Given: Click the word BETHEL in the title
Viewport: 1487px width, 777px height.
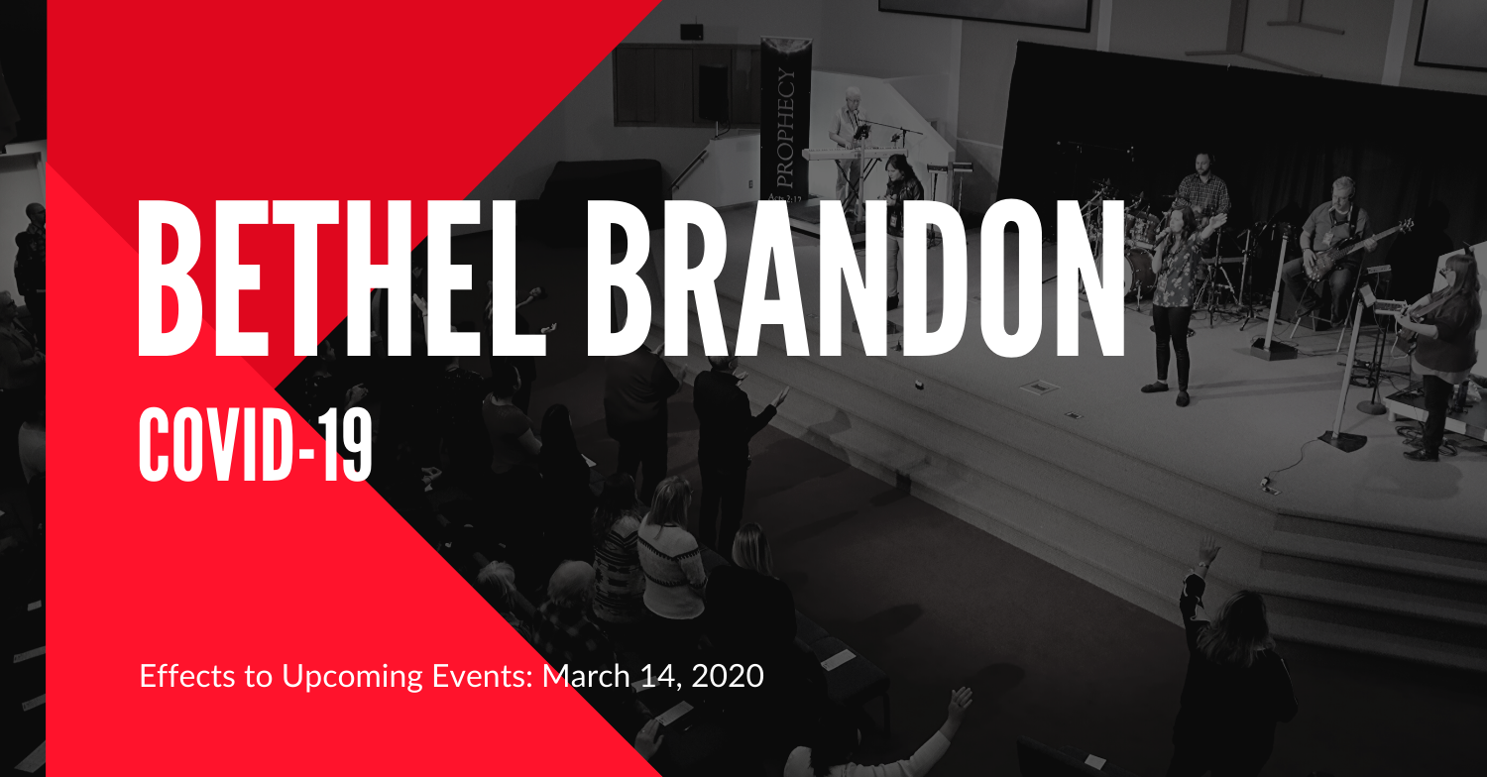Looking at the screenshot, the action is (x=342, y=278).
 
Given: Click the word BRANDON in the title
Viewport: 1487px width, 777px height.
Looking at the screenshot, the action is (x=855, y=278).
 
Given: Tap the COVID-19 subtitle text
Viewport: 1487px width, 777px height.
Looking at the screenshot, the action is (x=255, y=444).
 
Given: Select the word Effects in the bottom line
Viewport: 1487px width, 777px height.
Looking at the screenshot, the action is (x=187, y=676).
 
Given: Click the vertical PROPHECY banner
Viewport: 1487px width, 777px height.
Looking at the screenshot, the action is (x=785, y=120).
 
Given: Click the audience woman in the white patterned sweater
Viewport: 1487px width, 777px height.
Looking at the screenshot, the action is (x=669, y=551).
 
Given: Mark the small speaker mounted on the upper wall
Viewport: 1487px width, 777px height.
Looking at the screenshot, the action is (x=692, y=31).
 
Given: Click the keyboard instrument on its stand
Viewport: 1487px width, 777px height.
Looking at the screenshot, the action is (x=853, y=154).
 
